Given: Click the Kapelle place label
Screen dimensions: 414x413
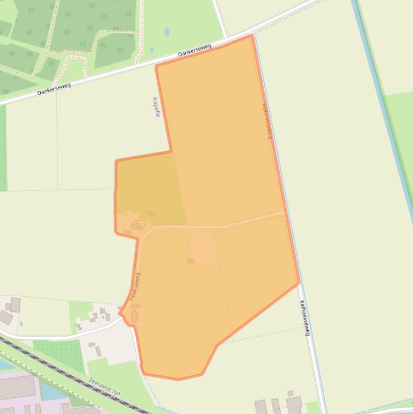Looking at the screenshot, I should [x=156, y=107].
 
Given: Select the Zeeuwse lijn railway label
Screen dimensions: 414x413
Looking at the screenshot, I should [x=104, y=386].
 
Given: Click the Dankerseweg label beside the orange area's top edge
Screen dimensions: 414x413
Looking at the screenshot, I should [x=194, y=51].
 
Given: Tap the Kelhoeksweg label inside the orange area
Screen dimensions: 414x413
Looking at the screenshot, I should [x=267, y=120].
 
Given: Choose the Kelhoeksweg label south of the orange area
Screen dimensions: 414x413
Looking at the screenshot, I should [x=305, y=318].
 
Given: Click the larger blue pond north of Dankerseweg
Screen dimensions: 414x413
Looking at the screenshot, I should [x=166, y=32].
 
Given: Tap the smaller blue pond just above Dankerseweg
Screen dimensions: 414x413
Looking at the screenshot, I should [x=152, y=51].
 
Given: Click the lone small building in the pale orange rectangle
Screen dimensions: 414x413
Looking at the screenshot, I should [x=191, y=261].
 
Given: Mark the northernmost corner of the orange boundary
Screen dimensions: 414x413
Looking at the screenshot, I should [x=251, y=35].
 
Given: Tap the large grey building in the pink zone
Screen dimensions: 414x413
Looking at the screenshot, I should [x=16, y=387].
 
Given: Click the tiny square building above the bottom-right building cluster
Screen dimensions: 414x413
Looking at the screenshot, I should [x=291, y=393].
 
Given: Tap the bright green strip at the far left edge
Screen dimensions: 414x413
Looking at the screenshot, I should [x=3, y=148].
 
